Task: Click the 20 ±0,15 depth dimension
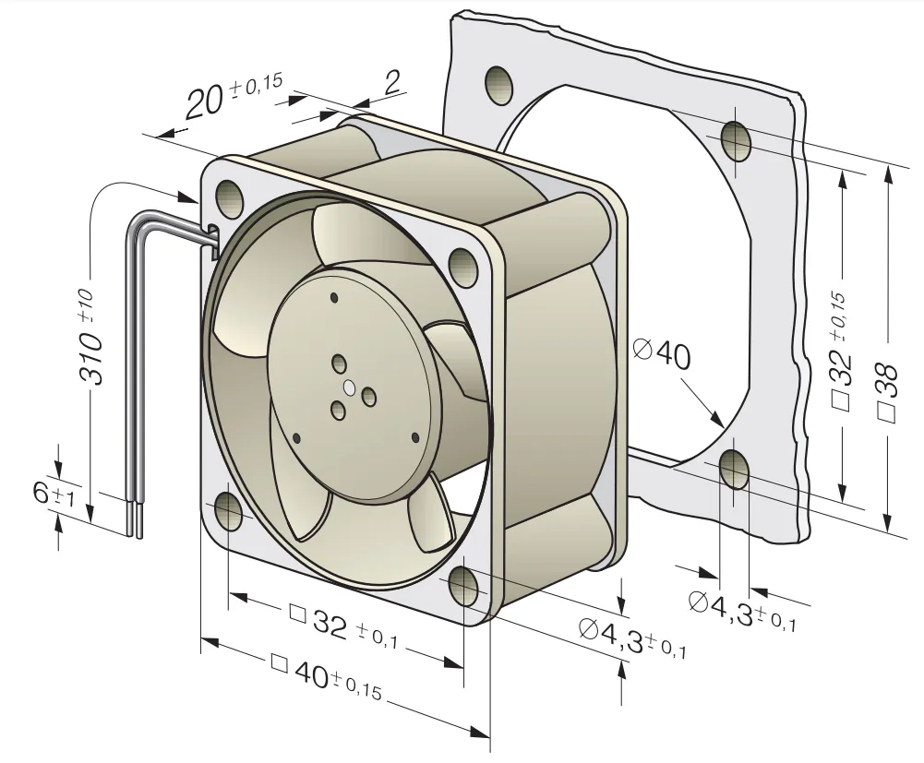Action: tap(234, 95)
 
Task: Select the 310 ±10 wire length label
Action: tap(90, 338)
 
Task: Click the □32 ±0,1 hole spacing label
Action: tap(343, 627)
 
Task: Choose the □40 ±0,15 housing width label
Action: tap(327, 675)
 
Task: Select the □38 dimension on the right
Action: tap(887, 388)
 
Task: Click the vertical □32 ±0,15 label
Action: tap(840, 351)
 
